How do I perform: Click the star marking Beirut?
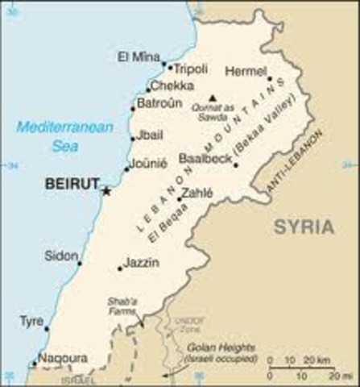point(106,191)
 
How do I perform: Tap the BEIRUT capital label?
point(72,184)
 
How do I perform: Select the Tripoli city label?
point(192,68)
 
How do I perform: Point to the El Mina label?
point(134,56)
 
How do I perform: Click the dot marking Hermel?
point(269,79)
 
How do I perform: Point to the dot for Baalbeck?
point(235,165)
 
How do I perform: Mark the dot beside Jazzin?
point(120,268)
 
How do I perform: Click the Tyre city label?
point(31,321)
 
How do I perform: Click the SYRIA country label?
point(303,227)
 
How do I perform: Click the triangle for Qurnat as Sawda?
point(212,98)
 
